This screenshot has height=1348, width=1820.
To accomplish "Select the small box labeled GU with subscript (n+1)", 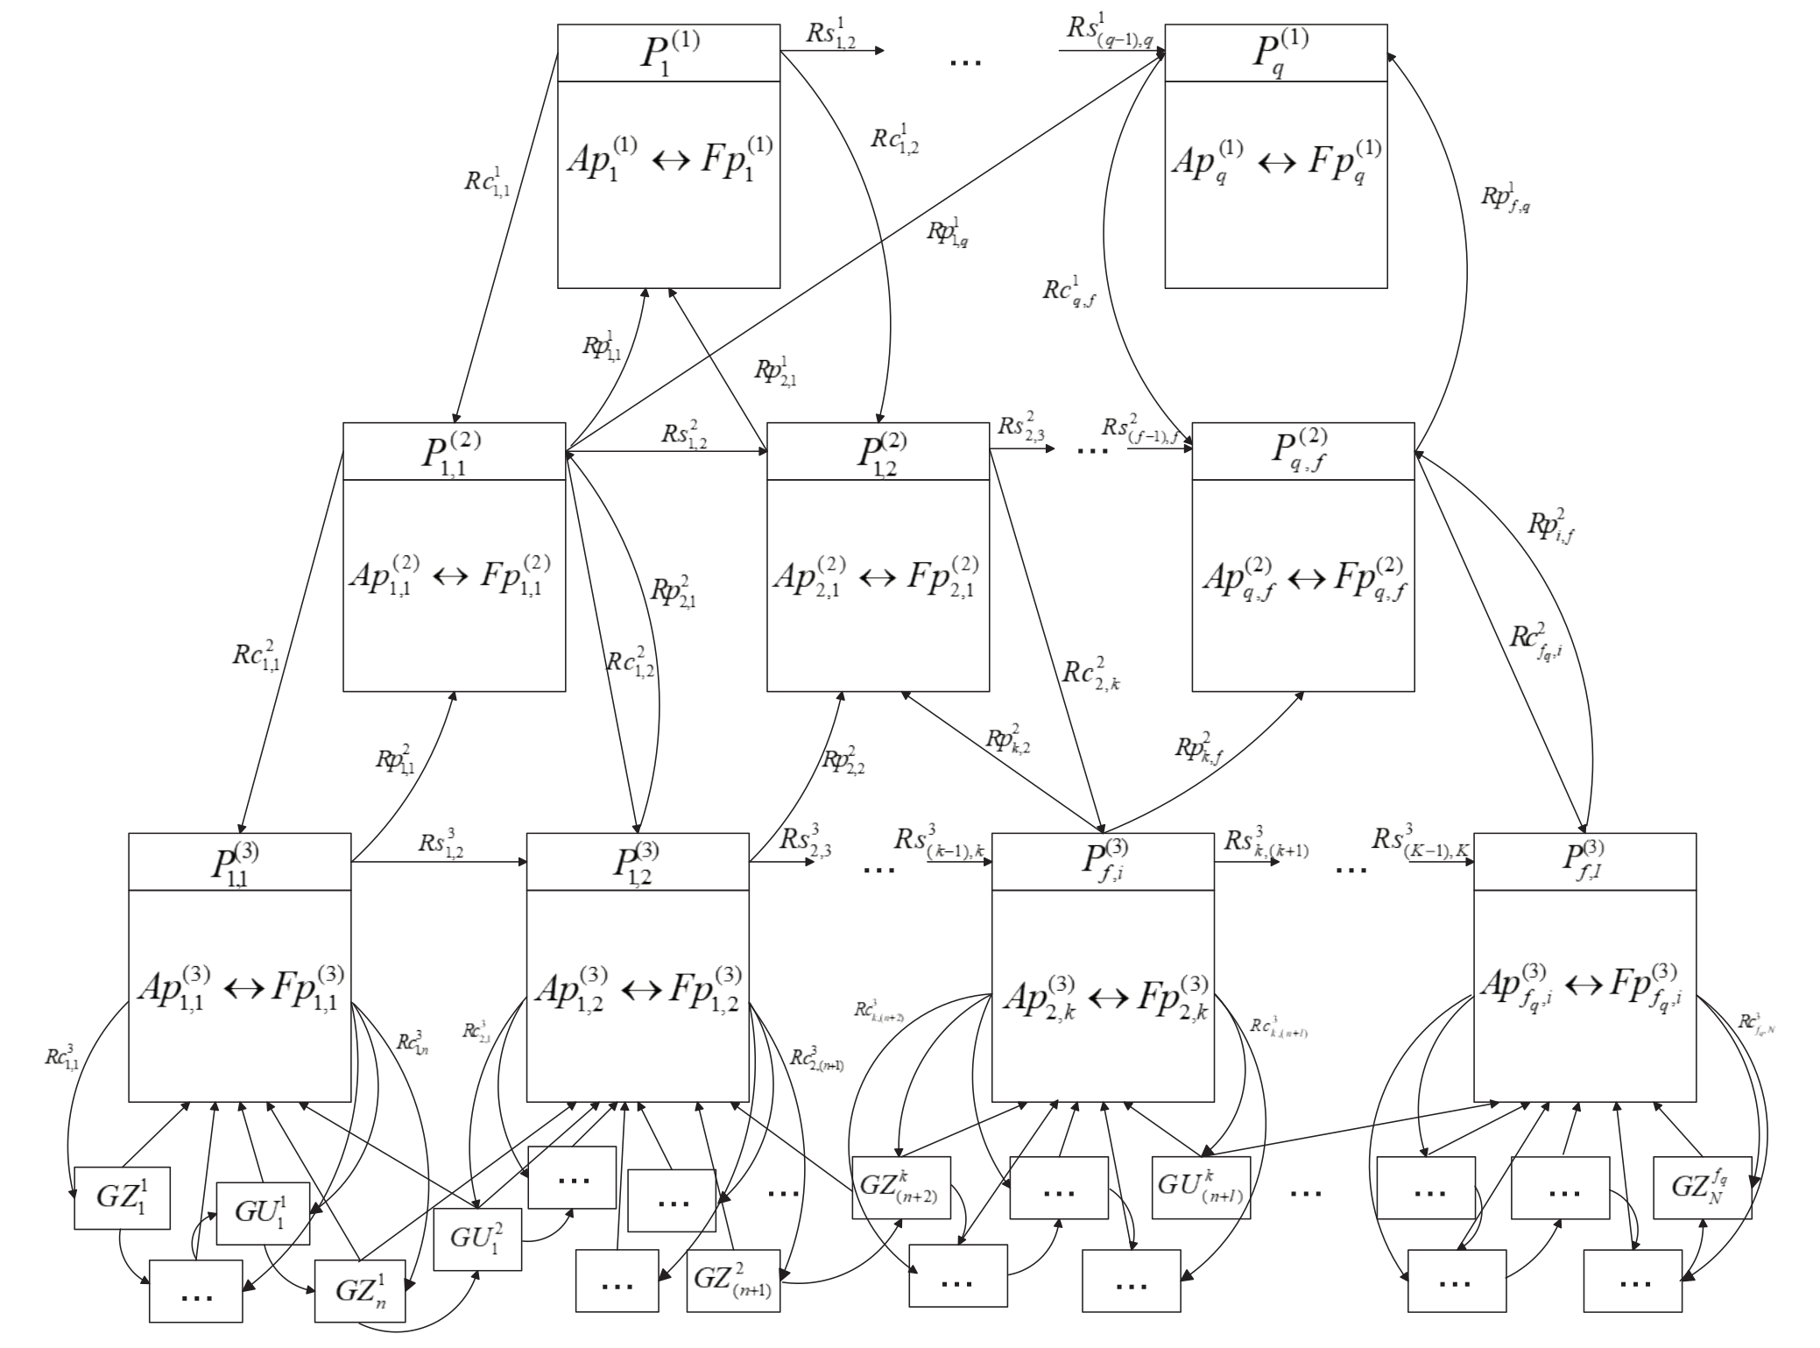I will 1201,1188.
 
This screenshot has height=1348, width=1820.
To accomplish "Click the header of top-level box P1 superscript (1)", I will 668,53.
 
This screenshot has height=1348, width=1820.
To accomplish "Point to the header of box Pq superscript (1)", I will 1275,53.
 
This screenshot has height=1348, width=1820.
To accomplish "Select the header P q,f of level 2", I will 1302,451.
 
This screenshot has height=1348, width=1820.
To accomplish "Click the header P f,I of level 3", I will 1584,861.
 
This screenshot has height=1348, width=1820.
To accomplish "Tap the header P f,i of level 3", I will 1102,861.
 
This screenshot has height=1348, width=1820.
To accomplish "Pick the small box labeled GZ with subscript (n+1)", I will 733,1280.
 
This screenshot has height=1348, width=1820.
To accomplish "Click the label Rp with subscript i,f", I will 1552,526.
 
